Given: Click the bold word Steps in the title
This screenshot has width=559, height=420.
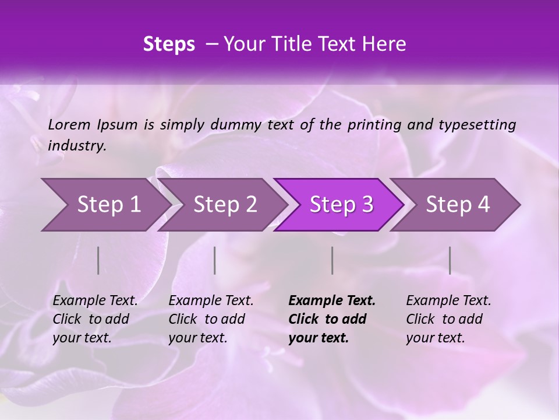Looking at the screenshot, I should click(169, 44).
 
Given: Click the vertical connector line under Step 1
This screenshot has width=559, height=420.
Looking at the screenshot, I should click(98, 260).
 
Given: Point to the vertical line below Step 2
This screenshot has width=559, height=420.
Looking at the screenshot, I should click(215, 260).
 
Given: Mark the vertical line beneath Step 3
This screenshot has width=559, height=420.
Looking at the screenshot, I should click(332, 260).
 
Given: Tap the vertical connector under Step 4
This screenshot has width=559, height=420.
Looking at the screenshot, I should click(450, 260).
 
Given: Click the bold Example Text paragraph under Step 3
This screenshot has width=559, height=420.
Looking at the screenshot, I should click(332, 319).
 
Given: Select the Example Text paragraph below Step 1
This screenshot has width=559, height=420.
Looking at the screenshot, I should click(95, 319).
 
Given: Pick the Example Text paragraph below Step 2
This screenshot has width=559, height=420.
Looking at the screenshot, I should click(211, 319).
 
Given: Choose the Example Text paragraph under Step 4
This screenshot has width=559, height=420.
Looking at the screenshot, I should click(448, 319).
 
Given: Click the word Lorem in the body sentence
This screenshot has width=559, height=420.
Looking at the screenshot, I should click(69, 124).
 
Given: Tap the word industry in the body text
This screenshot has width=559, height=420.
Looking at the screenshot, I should click(77, 146).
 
